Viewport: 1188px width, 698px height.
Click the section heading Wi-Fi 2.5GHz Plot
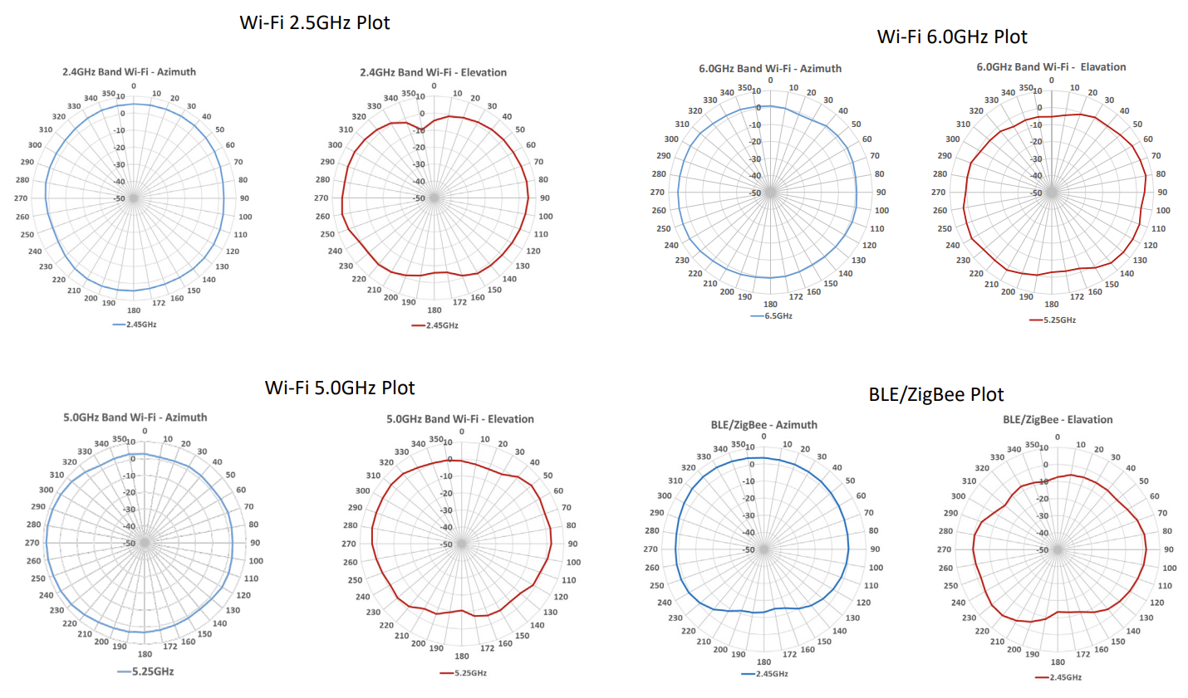315,23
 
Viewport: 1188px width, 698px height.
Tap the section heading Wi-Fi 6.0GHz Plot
952,37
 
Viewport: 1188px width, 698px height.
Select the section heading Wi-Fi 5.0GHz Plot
340,388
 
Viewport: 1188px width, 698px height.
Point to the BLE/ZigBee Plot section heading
936,395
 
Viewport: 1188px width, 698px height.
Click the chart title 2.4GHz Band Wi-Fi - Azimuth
129,72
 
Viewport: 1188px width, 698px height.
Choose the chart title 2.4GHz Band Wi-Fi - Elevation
433,73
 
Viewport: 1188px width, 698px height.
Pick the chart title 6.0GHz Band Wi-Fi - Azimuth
770,69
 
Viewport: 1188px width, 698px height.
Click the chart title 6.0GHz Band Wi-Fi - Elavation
1051,67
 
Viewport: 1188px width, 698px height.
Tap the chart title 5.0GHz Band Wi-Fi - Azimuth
135,417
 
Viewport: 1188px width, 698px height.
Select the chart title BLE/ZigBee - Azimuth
763,425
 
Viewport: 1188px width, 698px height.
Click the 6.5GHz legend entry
772,316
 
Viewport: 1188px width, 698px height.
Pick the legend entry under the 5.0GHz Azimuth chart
146,671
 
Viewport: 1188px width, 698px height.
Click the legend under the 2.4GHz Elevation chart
435,325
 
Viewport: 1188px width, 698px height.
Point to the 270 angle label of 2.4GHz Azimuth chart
21,198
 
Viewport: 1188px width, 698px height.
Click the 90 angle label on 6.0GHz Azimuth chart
880,193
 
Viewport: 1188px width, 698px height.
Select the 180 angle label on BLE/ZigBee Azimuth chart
763,662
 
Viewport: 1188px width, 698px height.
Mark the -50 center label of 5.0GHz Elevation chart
446,544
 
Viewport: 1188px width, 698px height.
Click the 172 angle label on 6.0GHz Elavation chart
1077,296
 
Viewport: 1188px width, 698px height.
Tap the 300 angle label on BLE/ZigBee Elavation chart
958,496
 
